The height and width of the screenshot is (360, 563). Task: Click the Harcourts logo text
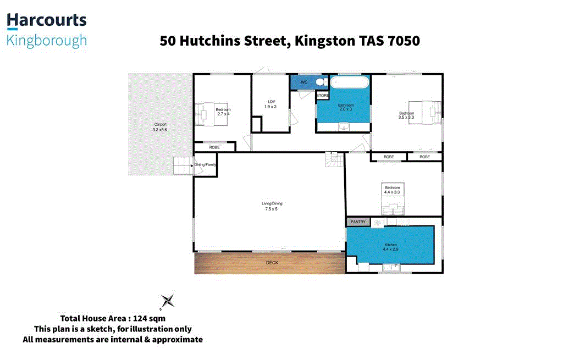click(x=47, y=21)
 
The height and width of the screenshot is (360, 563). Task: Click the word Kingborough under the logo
click(x=47, y=41)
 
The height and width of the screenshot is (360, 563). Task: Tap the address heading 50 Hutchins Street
click(x=290, y=41)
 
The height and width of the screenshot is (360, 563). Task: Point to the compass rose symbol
click(x=168, y=301)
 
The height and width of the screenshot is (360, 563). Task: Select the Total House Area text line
click(x=113, y=318)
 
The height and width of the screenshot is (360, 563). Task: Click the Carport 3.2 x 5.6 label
click(x=159, y=127)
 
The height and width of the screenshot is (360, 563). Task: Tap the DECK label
click(x=272, y=263)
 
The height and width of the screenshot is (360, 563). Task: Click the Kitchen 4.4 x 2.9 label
click(x=391, y=247)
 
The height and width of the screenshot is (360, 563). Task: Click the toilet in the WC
click(x=320, y=82)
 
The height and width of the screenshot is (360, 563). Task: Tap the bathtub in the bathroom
click(x=350, y=83)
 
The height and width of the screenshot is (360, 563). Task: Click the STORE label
click(x=323, y=96)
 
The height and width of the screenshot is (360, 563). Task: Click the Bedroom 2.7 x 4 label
click(x=223, y=112)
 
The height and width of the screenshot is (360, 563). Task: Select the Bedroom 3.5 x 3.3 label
click(x=406, y=115)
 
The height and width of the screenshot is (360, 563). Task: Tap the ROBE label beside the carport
click(x=214, y=147)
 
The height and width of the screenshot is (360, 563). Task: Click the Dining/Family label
click(x=206, y=165)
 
